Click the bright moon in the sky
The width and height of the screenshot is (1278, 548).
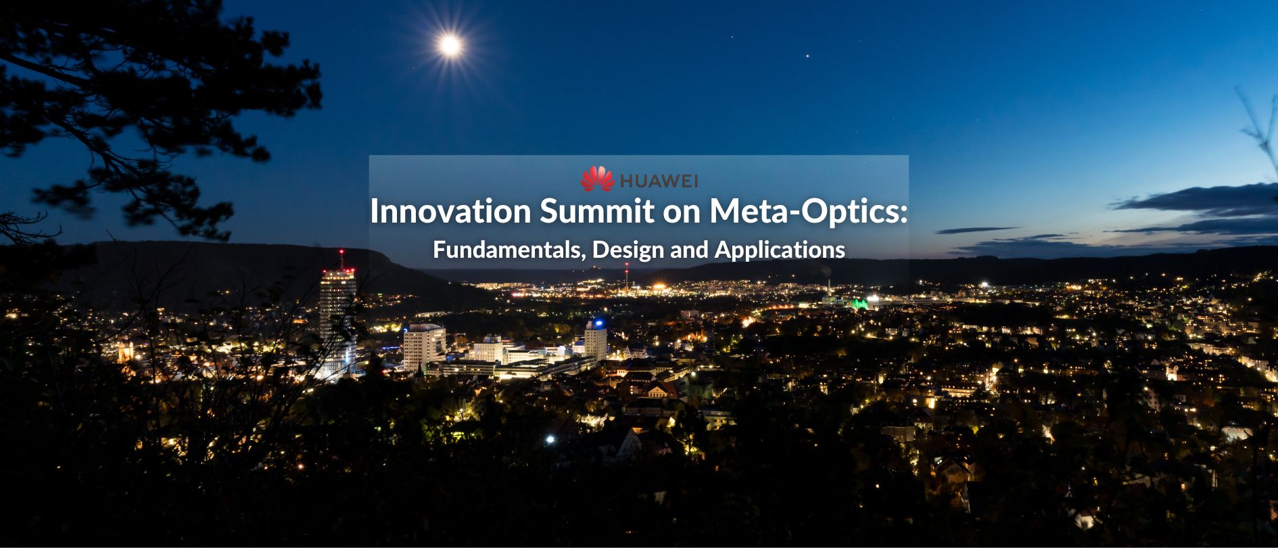tap(450, 45)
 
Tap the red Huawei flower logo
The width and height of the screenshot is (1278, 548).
tap(597, 179)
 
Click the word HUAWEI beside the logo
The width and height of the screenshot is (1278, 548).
tap(659, 181)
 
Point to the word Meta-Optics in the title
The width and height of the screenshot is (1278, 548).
tap(809, 212)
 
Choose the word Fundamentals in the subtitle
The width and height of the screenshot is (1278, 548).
tap(509, 250)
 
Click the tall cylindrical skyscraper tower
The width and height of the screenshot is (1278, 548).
tap(337, 318)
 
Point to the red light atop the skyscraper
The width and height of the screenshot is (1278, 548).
tap(341, 253)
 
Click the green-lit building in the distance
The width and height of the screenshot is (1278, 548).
tap(859, 303)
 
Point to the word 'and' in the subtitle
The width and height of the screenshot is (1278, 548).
tap(689, 250)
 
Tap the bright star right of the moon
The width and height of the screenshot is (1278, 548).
tap(806, 56)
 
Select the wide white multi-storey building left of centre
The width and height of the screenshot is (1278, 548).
tap(424, 346)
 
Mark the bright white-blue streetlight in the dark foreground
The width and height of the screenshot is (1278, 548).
tap(550, 439)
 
